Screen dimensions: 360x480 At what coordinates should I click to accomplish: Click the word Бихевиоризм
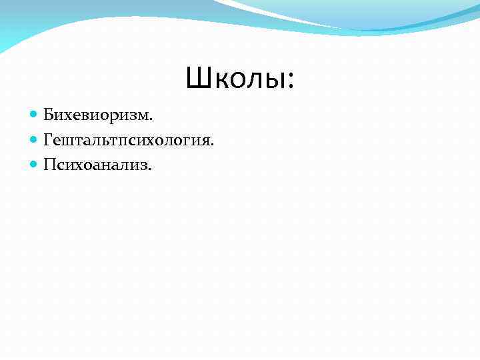97,116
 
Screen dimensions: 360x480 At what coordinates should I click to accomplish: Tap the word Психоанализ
96,164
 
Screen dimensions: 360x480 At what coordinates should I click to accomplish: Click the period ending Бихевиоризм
151,120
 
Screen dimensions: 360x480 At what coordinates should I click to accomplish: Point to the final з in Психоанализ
143,165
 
